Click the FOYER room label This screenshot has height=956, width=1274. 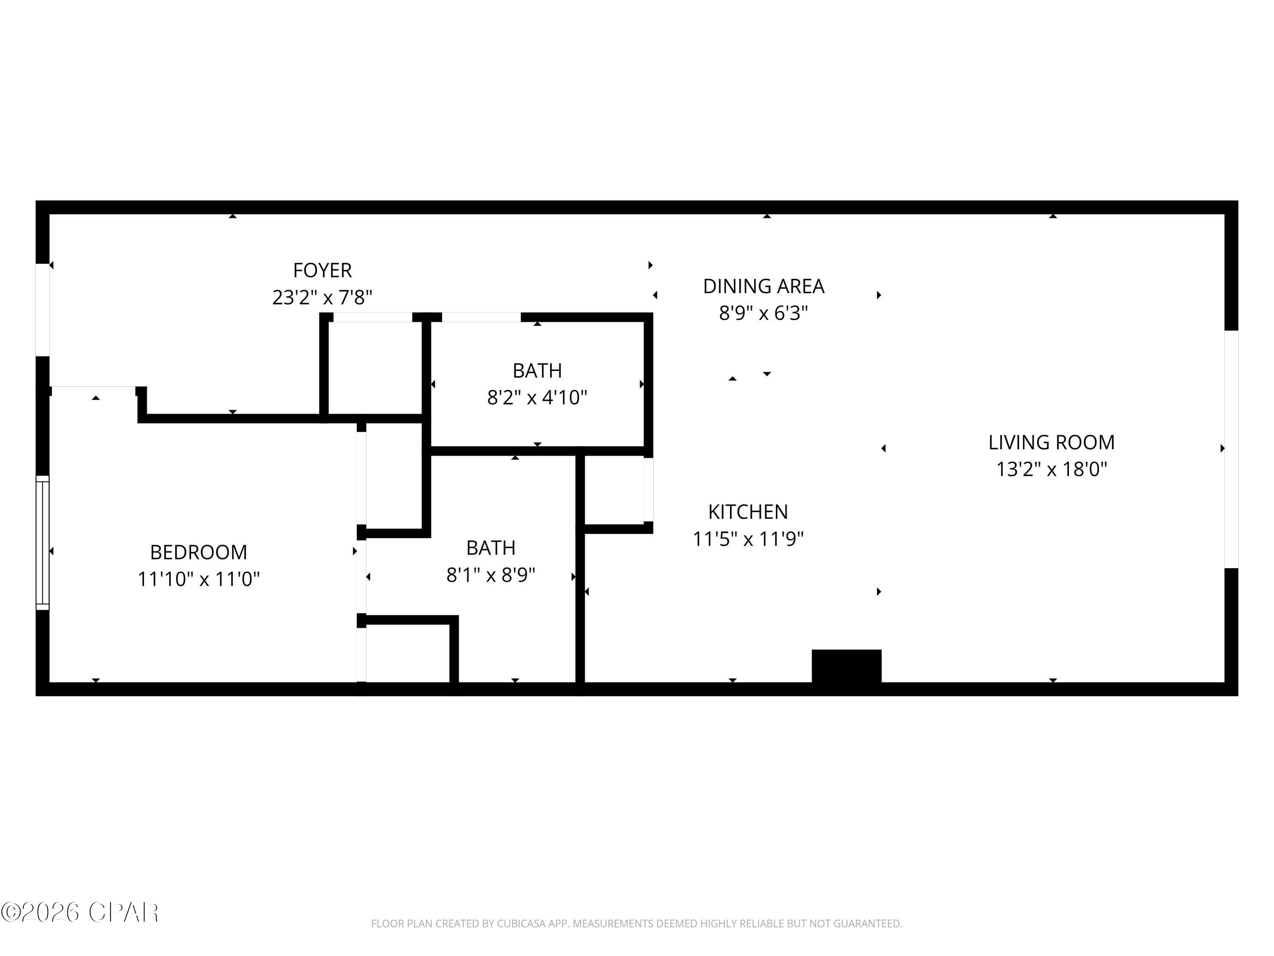point(322,270)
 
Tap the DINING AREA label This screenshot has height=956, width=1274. point(763,286)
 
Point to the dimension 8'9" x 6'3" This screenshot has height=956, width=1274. point(763,313)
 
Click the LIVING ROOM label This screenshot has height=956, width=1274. point(1051,442)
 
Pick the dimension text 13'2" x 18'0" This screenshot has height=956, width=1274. point(1051,469)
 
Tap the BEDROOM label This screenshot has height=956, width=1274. point(198,552)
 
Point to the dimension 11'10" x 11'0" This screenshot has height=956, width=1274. point(198,579)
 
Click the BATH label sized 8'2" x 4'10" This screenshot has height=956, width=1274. point(537,371)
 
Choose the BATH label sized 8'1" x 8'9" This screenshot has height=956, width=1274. point(491,547)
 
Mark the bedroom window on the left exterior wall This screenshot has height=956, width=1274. point(42,542)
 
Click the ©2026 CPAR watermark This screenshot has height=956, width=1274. point(79,912)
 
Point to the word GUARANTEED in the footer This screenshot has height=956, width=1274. point(867,924)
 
